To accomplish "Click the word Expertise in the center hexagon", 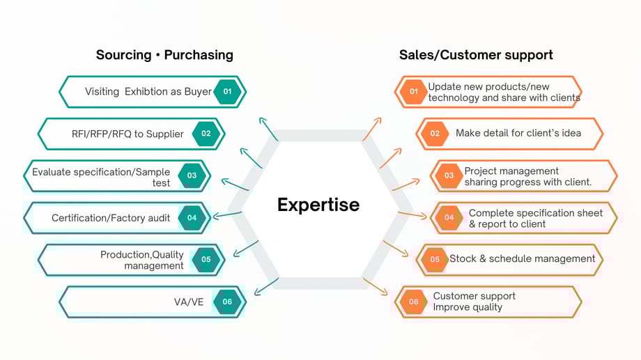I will click(318, 205).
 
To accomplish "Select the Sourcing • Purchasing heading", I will click(164, 54).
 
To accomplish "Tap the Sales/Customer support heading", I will click(476, 54).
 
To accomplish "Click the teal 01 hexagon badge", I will click(227, 91).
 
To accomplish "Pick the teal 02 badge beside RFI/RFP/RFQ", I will click(206, 134).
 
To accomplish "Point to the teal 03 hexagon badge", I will click(192, 175).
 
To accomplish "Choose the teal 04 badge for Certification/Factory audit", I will click(192, 217).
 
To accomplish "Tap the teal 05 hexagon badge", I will click(206, 260).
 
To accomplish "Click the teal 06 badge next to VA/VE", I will click(227, 302).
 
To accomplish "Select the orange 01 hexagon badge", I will click(414, 91).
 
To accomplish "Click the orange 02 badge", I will click(435, 134).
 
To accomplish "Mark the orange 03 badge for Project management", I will click(449, 175).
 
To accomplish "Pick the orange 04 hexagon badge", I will click(449, 217).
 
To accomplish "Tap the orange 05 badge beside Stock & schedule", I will click(435, 260).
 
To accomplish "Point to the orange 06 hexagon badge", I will click(414, 302).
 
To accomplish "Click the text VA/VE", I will click(189, 302).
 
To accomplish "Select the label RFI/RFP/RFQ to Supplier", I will click(128, 134).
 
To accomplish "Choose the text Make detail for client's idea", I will click(518, 133).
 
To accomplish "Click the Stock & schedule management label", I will click(523, 259).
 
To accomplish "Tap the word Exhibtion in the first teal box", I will click(146, 91).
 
